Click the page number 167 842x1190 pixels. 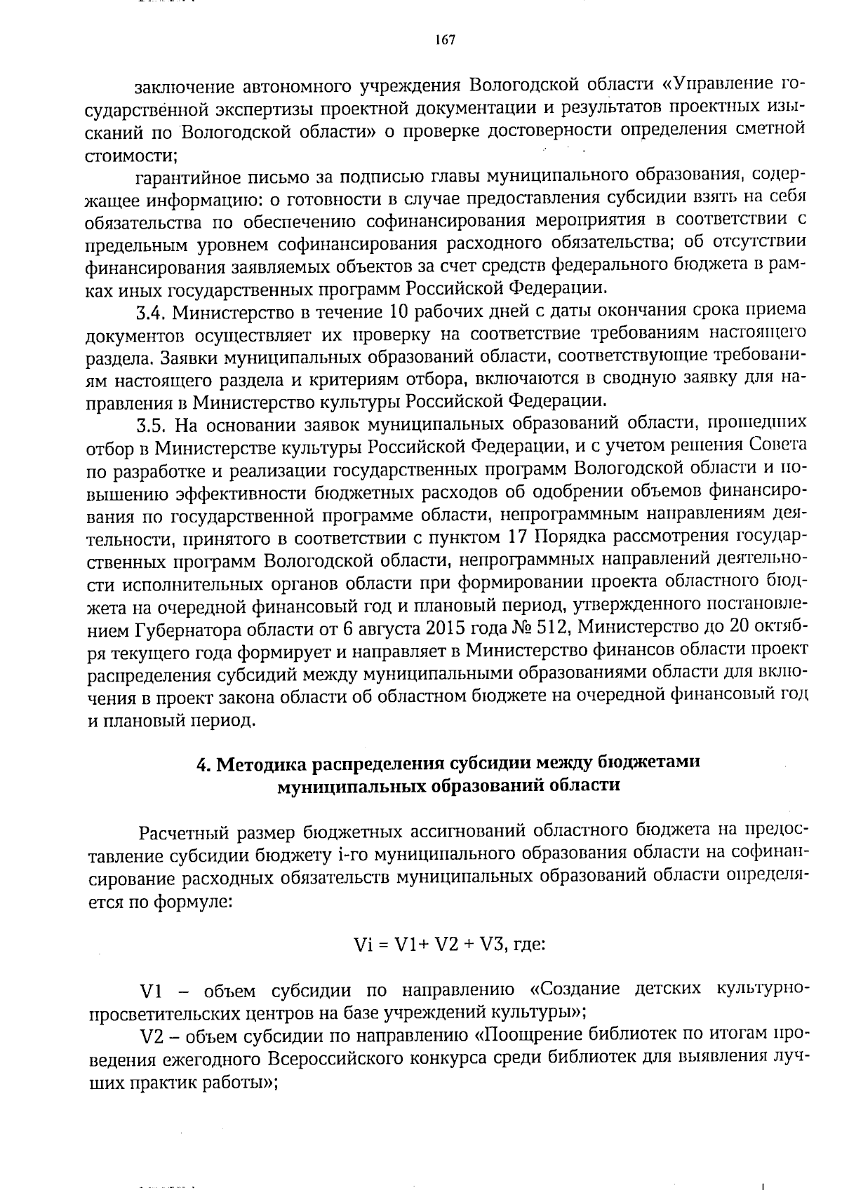[445, 40]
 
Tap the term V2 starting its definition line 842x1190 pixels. [154, 1036]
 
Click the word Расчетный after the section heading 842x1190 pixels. [185, 832]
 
